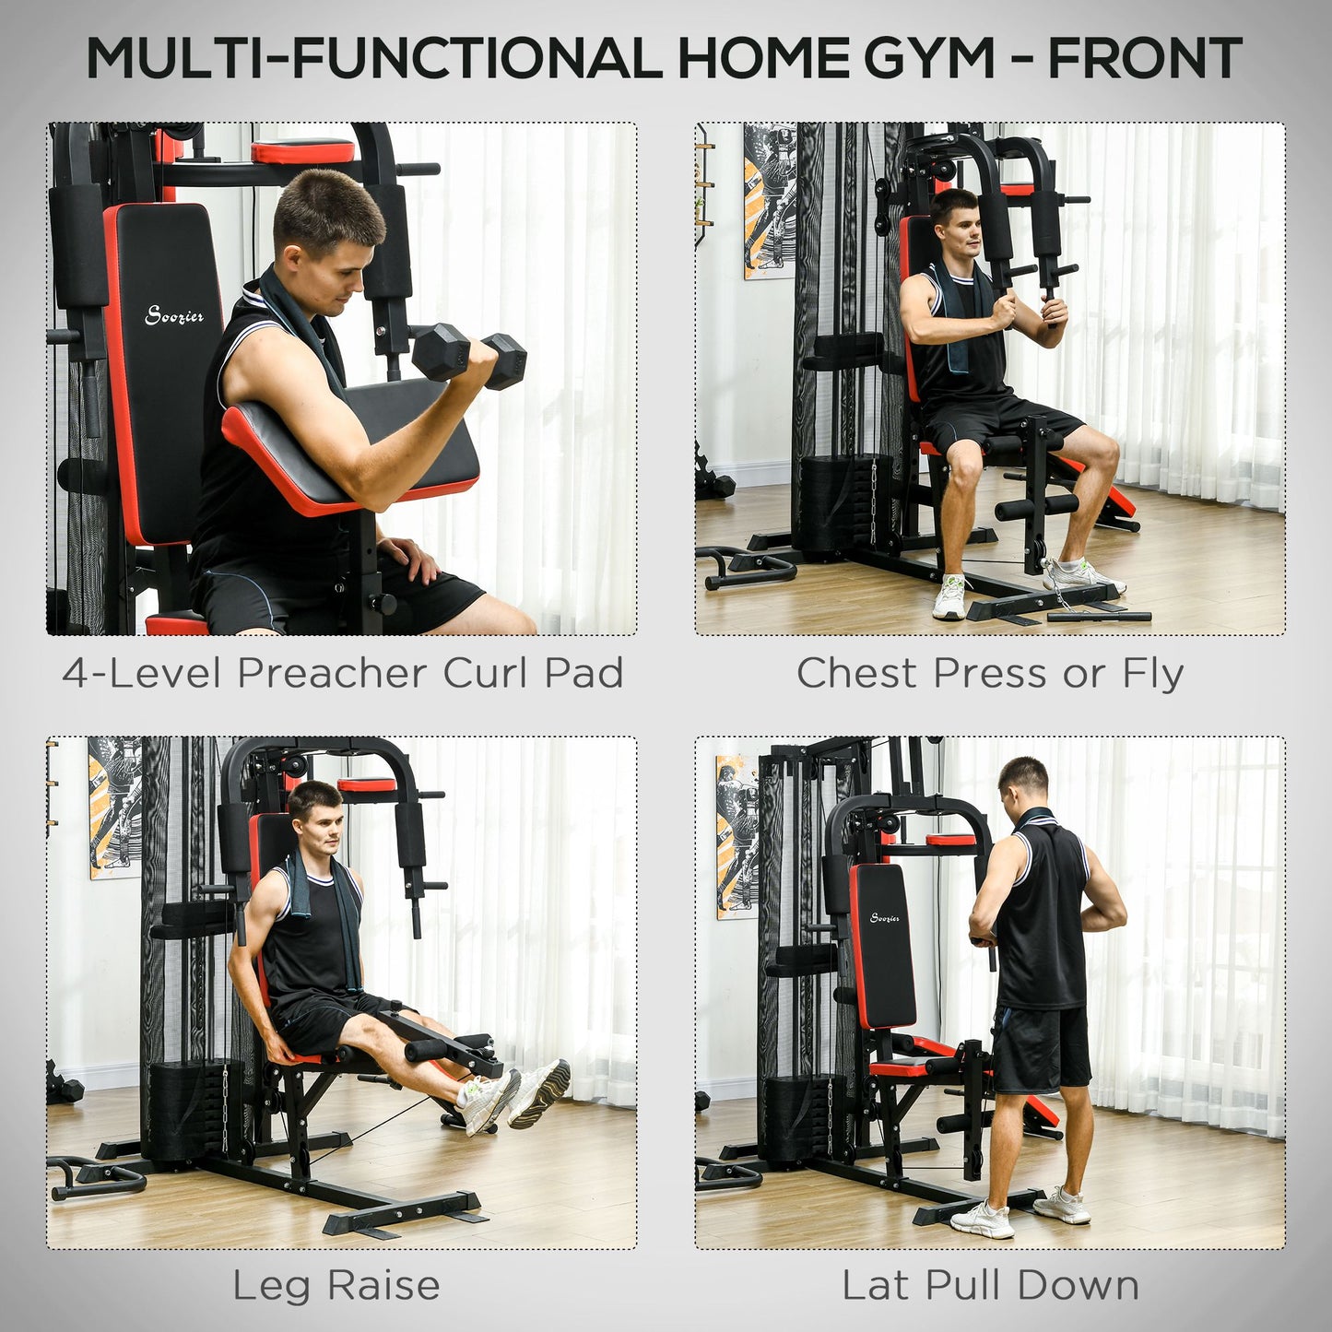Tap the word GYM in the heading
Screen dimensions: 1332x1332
(927, 59)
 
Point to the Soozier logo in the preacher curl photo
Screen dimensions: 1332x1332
(174, 316)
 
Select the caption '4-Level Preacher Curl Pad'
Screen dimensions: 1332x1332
(343, 673)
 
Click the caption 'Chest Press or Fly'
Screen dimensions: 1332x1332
(989, 673)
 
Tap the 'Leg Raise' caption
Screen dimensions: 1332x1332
(336, 1286)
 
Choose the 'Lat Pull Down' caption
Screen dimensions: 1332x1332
(990, 1286)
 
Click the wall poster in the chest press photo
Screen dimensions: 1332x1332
(769, 201)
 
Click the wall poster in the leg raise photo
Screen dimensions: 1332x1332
(114, 807)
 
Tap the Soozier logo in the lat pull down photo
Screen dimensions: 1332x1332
(885, 917)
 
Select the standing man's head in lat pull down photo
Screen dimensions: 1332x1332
(1023, 784)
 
